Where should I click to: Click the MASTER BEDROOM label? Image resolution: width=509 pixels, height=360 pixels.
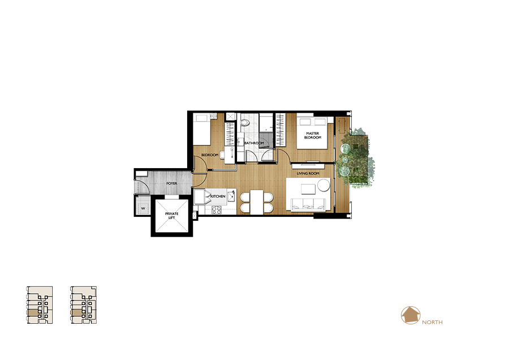tap(312, 135)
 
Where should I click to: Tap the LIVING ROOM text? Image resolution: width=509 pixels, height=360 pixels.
tap(308, 174)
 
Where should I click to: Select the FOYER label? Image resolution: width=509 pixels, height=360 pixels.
tap(172, 183)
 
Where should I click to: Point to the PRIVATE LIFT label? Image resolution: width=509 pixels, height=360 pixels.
tap(172, 216)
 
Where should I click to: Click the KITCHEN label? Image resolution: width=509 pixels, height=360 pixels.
tap(218, 196)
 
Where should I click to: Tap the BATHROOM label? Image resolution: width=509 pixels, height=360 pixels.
tap(254, 143)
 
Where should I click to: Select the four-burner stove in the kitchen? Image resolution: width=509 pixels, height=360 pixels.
tap(217, 210)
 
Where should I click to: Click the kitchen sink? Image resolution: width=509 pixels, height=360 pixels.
tap(231, 196)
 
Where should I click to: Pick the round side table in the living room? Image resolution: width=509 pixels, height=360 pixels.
tap(323, 186)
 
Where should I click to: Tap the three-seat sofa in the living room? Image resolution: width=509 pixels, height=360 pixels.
tap(308, 204)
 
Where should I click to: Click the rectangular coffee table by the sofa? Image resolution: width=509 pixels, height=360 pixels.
tap(308, 189)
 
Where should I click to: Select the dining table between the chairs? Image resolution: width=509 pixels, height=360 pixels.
tap(256, 202)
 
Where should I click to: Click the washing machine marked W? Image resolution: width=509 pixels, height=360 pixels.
tap(143, 208)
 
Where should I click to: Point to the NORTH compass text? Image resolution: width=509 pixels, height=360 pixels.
tap(432, 322)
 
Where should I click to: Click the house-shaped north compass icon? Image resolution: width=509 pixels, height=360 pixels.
tap(411, 315)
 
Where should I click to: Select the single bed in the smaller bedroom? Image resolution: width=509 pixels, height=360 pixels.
tap(202, 129)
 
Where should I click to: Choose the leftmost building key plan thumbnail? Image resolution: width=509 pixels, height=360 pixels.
tap(40, 305)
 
